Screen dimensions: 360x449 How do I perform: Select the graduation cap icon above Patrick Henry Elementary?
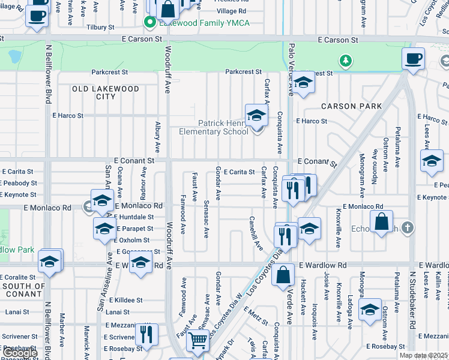click(256, 115)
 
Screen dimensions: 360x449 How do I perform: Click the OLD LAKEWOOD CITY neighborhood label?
click(106, 92)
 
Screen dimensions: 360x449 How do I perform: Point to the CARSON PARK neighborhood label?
click(351, 106)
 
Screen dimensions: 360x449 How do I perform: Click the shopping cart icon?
click(197, 341)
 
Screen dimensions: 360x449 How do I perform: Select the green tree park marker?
click(345, 61)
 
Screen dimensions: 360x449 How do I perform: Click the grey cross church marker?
click(408, 227)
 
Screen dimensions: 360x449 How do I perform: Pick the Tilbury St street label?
click(100, 28)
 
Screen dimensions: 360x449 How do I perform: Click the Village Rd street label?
click(231, 11)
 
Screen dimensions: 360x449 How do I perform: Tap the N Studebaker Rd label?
click(412, 300)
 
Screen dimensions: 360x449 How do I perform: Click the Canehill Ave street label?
click(256, 233)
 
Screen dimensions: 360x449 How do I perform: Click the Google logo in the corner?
click(20, 353)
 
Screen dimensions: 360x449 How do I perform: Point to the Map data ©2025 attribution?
click(423, 355)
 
